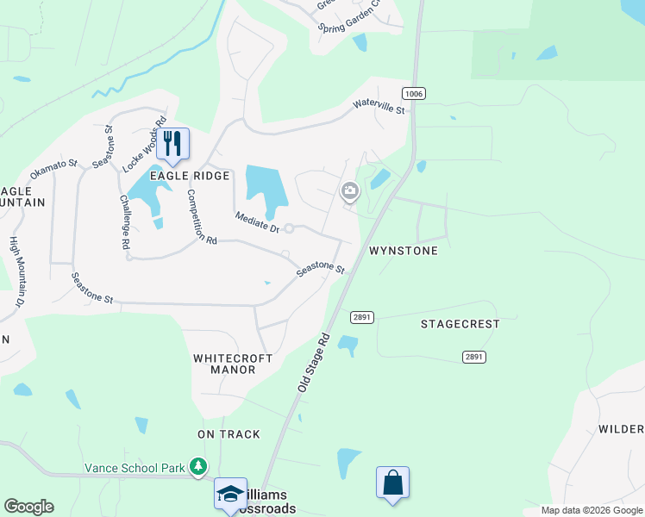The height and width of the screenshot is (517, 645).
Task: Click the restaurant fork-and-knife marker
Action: (172, 143)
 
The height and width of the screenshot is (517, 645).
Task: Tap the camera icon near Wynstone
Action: (349, 190)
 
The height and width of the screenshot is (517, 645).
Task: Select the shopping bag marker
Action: (392, 483)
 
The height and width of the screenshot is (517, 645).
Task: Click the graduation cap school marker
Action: (230, 494)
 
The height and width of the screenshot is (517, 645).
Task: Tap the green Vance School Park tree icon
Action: (199, 466)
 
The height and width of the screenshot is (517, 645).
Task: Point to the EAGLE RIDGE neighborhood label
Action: (191, 176)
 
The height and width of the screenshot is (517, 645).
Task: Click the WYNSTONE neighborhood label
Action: (404, 251)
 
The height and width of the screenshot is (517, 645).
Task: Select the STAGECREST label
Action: (460, 325)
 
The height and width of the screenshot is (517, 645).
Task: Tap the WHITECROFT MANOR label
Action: (233, 364)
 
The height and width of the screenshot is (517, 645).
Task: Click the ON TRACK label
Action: (229, 434)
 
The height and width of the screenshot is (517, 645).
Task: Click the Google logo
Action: (29, 507)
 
